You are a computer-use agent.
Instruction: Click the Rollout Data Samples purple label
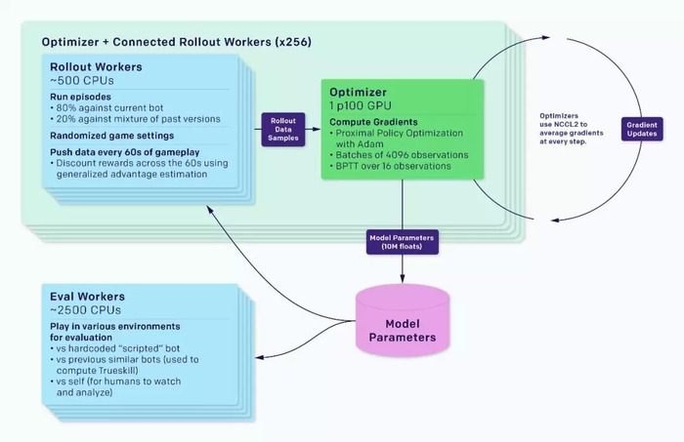pyautogui.click(x=283, y=130)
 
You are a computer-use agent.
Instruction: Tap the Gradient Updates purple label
pyautogui.click(x=642, y=129)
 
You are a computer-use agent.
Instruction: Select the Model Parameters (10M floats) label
pyautogui.click(x=402, y=242)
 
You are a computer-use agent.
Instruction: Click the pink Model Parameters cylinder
pyautogui.click(x=403, y=321)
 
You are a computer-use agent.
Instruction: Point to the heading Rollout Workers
pyautogui.click(x=96, y=67)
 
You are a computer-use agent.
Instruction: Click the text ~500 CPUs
pyautogui.click(x=81, y=81)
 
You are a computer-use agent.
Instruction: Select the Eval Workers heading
pyautogui.click(x=87, y=297)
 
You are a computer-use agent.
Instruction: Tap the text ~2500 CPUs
pyautogui.click(x=85, y=310)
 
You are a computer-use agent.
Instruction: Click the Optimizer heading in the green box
pyautogui.click(x=358, y=93)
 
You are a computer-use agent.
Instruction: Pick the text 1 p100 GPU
pyautogui.click(x=361, y=105)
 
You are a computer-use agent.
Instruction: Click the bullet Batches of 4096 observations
pyautogui.click(x=399, y=155)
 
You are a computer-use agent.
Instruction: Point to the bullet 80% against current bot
pyautogui.click(x=107, y=108)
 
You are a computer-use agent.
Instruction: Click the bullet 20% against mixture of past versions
pyautogui.click(x=135, y=119)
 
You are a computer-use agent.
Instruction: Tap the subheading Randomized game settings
pyautogui.click(x=111, y=136)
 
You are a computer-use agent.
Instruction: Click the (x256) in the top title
pyautogui.click(x=293, y=42)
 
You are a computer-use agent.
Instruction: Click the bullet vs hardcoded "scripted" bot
pyautogui.click(x=114, y=348)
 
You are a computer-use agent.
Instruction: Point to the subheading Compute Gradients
pyautogui.click(x=373, y=122)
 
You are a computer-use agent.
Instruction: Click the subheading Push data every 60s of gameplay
pyautogui.click(x=124, y=152)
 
